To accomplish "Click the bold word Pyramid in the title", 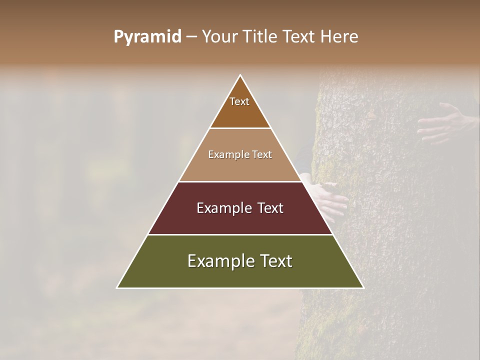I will (x=147, y=37).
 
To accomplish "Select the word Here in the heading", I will (x=339, y=37).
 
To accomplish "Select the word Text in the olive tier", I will (x=274, y=261).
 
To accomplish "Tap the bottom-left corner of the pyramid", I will (x=117, y=287).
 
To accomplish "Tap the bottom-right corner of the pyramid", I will (x=363, y=287).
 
